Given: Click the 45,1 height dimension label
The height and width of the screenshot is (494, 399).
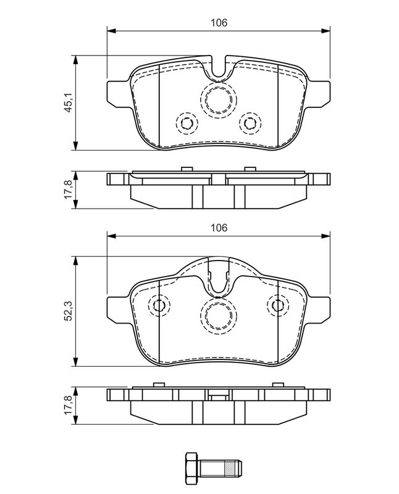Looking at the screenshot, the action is [x=69, y=103].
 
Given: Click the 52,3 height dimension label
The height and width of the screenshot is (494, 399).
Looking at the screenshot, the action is [x=69, y=311].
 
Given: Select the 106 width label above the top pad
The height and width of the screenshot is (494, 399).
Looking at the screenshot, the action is [x=219, y=23].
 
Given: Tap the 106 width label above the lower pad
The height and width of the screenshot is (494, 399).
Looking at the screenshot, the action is [x=219, y=227].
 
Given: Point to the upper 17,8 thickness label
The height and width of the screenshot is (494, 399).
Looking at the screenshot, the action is [x=69, y=190].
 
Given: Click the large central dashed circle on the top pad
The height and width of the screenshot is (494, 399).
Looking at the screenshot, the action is [x=219, y=99].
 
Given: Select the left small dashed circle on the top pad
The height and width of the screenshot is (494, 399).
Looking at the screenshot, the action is [x=187, y=123].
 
